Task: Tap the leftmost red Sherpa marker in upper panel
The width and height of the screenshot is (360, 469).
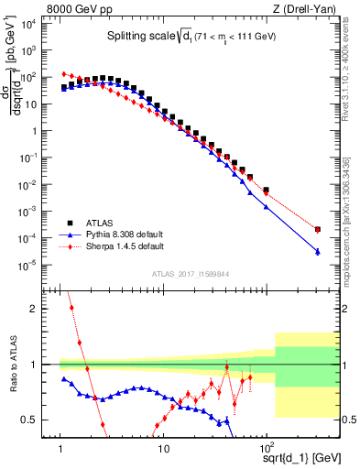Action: point(63,73)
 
